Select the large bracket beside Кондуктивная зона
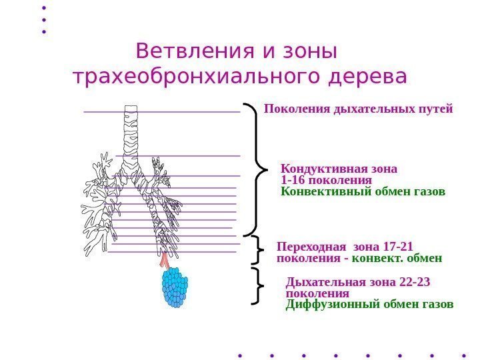pos(257,169)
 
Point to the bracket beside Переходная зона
pos(259,251)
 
